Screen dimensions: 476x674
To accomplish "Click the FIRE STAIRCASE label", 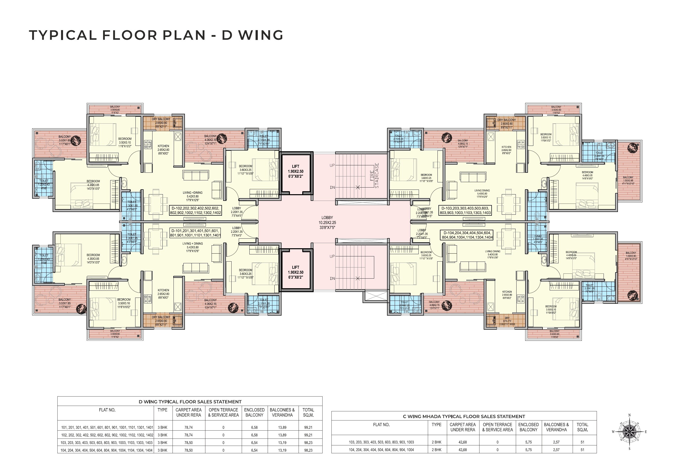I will tap(375, 175).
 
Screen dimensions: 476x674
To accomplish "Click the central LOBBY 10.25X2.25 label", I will tap(327, 223).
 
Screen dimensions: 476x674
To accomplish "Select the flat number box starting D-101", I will tap(196, 233).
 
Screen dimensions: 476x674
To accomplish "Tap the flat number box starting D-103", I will tap(465, 210).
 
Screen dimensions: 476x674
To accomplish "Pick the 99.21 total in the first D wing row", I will tap(308, 428).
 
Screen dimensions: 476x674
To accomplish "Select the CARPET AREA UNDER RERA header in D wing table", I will tap(189, 412).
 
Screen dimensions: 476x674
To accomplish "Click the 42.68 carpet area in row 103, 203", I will tap(463, 442).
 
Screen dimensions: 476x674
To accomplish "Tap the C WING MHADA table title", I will tap(464, 416).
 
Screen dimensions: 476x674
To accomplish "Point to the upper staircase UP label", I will tap(332, 165).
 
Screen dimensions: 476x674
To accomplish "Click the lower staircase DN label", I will tap(332, 278).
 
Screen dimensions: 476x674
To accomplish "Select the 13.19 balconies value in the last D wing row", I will tap(282, 450).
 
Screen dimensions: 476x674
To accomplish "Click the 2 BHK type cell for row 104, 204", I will tap(436, 450).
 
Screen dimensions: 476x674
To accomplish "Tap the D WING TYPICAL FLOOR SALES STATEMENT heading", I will tap(190, 401).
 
